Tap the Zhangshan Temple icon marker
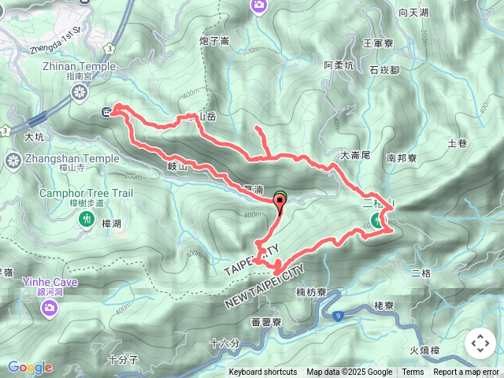[13, 161]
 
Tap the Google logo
[30, 368]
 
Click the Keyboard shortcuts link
[263, 372]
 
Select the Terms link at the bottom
[413, 372]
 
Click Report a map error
[466, 372]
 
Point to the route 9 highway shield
[338, 316]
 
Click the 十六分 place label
[224, 343]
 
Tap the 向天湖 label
[413, 13]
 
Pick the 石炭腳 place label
[385, 70]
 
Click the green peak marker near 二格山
[378, 222]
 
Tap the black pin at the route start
[280, 203]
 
